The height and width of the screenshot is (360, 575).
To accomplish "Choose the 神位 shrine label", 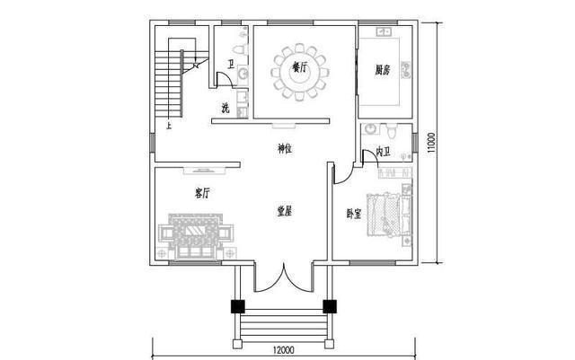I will pos(284,148).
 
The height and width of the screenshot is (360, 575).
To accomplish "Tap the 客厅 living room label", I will pos(202,193).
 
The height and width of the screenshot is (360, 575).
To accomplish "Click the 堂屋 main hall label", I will pos(285,211).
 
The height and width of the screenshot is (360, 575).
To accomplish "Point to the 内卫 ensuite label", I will pos(383,152).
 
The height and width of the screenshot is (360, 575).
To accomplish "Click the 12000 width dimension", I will pos(284,350).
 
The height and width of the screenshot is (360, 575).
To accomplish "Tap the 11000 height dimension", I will pos(432,144).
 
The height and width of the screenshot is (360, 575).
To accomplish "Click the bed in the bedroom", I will pos(388,215).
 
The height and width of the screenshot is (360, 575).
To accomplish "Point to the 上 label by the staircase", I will pos(167,127).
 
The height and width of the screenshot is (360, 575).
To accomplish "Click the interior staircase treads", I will pos(171,85).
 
